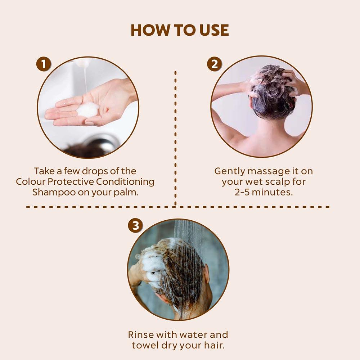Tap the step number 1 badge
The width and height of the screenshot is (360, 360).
coord(44,64)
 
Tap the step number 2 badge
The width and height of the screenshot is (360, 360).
coord(214,64)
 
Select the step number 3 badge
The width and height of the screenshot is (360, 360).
coord(135,226)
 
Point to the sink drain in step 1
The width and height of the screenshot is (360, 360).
coord(104,143)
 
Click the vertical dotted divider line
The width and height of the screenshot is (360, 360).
coord(175,137)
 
